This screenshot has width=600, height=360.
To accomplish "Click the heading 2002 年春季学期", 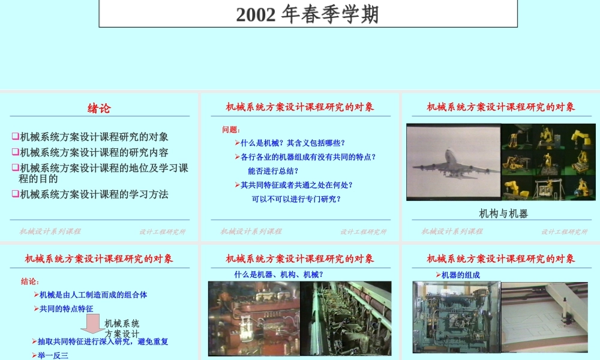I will coord(307,14).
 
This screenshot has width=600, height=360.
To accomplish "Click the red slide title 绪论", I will coord(99,109).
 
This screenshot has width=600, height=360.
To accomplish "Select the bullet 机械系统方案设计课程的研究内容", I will coord(94,152).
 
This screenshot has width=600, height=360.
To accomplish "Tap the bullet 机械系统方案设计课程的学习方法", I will coord(94,194).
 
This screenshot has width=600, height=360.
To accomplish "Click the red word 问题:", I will coord(231,129).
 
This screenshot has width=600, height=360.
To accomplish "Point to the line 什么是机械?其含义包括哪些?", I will coord(292,143).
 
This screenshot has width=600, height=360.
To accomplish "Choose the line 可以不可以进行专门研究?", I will coord(296,199).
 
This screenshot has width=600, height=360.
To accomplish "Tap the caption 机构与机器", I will coord(503,213).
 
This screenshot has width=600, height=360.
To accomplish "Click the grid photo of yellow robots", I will coord(548,162).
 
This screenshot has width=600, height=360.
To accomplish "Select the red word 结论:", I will coord(30,281).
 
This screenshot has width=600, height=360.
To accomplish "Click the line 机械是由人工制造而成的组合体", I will coord(93,295).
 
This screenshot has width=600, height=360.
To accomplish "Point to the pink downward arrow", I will coord(93,324).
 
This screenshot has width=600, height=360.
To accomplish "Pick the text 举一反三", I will coord(53,355).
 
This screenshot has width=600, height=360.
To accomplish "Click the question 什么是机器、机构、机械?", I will coord(278,274).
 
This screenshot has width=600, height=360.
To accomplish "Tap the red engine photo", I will coord(253,318).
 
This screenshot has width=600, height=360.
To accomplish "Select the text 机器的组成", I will coord(460,275).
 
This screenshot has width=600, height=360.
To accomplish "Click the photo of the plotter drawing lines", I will coord(544,317).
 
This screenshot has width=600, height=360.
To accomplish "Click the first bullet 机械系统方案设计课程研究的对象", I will coord(94,137).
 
